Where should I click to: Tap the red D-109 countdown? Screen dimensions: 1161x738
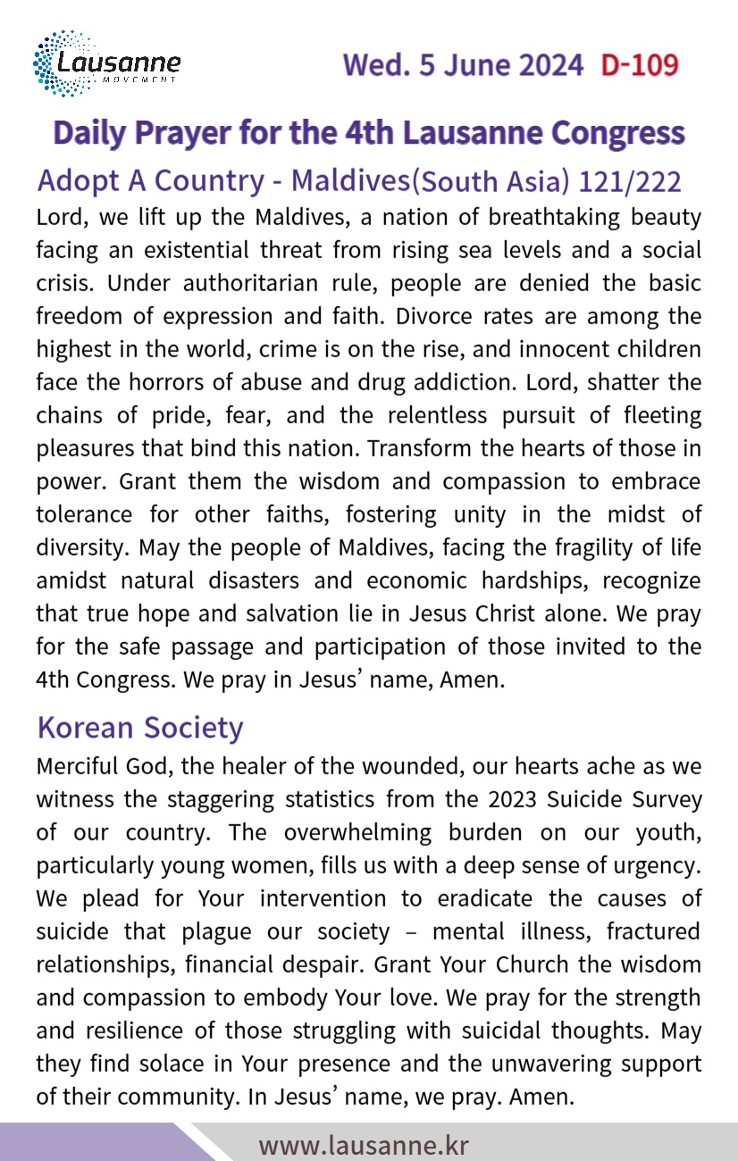coord(639,65)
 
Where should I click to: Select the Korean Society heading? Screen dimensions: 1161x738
coord(139,727)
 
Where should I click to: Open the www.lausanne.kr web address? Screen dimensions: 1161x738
coord(364,1145)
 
